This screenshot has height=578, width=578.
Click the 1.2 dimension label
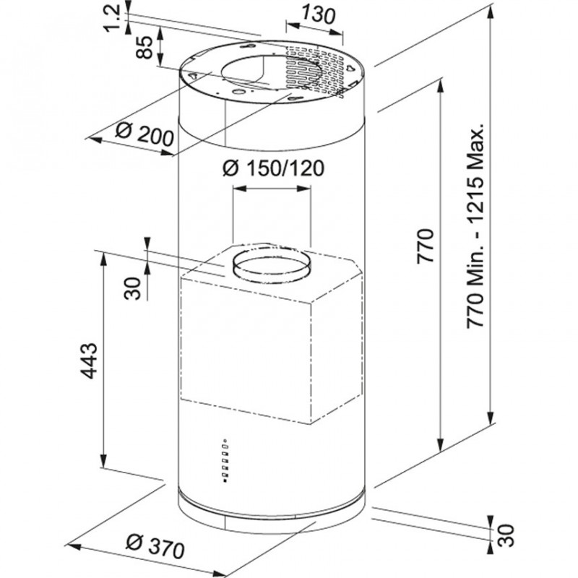(x=113, y=17)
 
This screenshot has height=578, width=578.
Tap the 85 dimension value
(x=144, y=46)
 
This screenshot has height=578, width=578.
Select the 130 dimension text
(x=319, y=14)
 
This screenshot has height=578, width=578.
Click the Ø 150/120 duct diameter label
(x=274, y=168)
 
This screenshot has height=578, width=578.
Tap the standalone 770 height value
(x=424, y=246)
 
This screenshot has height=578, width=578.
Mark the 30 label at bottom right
(x=506, y=535)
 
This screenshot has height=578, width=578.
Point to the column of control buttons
(x=225, y=460)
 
